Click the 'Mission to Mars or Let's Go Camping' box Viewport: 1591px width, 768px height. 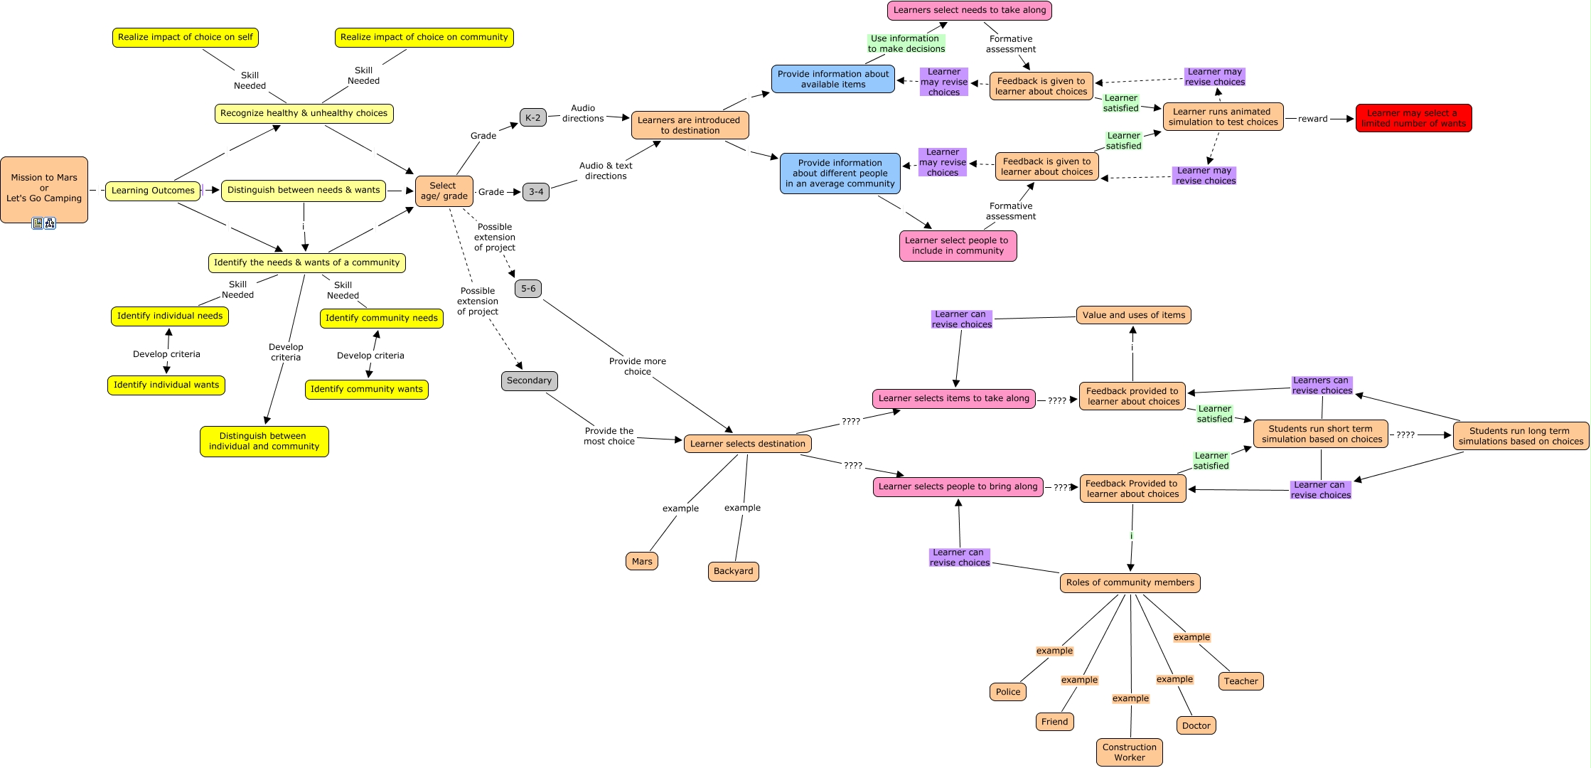[44, 188]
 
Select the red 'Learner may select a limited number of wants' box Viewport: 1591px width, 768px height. [1413, 118]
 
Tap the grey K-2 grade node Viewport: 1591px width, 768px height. [532, 118]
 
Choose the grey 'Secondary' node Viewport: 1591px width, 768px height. [529, 380]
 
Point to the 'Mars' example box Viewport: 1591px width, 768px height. [642, 561]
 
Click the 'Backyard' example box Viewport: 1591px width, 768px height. [733, 571]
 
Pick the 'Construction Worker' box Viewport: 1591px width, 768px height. [1129, 752]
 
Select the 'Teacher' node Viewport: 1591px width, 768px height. [1241, 681]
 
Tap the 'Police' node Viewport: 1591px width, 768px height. [1007, 692]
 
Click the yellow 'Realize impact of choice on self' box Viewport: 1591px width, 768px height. [185, 37]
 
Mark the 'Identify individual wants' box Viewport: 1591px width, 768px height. [166, 385]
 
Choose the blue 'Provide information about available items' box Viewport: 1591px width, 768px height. [832, 79]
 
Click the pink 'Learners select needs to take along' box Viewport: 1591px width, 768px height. [969, 10]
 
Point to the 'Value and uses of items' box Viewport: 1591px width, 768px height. [1133, 315]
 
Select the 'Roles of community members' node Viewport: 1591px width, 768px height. [1130, 582]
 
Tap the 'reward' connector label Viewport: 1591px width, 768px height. [1312, 119]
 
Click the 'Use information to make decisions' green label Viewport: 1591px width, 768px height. [906, 43]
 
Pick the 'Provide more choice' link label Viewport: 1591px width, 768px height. [637, 366]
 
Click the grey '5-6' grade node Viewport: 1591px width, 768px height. [528, 289]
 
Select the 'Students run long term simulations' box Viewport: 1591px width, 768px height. [1520, 436]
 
